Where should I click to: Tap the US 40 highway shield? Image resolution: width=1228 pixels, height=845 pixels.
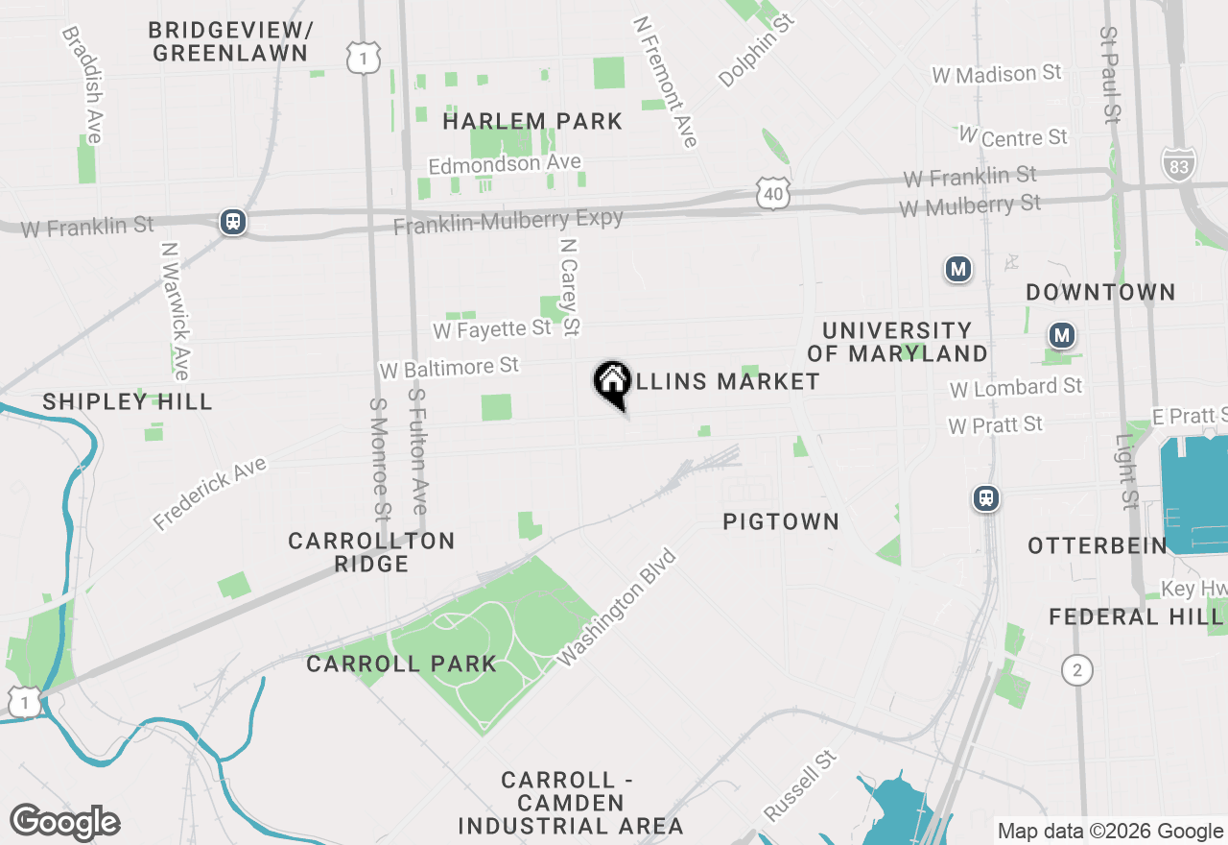[x=773, y=192]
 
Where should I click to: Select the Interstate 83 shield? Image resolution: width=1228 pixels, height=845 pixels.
[x=1178, y=165]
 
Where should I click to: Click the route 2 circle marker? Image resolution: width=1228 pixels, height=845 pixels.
[x=1077, y=669]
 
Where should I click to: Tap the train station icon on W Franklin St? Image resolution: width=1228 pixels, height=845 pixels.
[x=232, y=222]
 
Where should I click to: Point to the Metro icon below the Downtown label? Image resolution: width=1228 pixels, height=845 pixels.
[x=1061, y=335]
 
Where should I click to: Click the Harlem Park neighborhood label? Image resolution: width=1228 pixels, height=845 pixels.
[x=532, y=122]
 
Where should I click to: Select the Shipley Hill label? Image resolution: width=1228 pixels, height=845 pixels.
[x=128, y=401]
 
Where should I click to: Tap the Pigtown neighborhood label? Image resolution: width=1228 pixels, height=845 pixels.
[x=781, y=521]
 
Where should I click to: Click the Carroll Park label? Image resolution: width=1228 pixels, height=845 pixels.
[x=401, y=664]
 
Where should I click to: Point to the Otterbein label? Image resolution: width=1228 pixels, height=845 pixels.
[x=1098, y=545]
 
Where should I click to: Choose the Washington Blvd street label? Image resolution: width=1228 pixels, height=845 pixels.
[x=617, y=608]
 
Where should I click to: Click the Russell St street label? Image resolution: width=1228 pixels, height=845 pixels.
[x=800, y=785]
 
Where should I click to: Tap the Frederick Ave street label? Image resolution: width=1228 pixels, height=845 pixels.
[x=209, y=494]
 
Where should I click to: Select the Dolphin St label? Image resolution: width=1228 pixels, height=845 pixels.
[x=758, y=50]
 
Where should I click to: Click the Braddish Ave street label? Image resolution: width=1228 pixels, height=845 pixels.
[x=82, y=84]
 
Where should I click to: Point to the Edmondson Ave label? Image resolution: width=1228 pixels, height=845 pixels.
[x=505, y=164]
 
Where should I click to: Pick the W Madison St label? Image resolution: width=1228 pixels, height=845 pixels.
[x=997, y=74]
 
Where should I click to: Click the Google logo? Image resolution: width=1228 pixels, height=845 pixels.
[x=64, y=822]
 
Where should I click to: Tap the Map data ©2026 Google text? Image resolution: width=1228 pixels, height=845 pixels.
[x=1110, y=832]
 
